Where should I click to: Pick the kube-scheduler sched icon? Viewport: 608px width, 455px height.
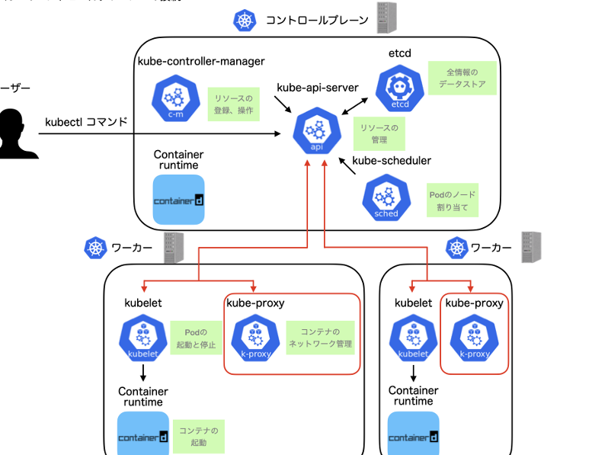point(386,197)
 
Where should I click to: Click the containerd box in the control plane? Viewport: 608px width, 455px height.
point(179,200)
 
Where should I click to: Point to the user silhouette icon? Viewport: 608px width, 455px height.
point(14,134)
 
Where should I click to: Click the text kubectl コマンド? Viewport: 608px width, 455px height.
point(86,121)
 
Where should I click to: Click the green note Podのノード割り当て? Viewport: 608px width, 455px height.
point(453,200)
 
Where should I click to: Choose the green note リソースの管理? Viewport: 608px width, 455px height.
point(379,133)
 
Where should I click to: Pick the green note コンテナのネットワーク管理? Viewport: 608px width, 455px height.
point(320,338)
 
